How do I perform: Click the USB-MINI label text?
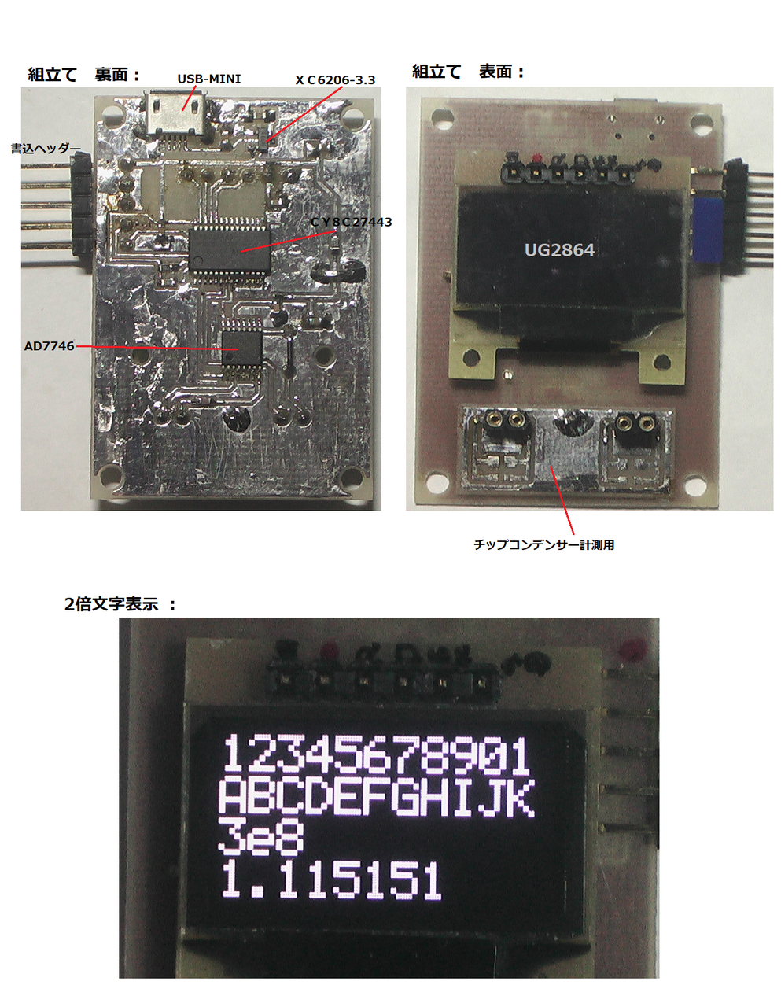208,79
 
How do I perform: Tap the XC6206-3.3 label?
335,80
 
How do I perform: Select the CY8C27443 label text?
351,222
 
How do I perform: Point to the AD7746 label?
49,346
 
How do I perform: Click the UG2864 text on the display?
559,250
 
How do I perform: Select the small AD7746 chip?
241,349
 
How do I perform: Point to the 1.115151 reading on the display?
330,880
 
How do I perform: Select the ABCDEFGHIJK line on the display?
376,796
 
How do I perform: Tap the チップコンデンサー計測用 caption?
543,544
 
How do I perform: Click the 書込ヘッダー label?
46,148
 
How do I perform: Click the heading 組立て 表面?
469,72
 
